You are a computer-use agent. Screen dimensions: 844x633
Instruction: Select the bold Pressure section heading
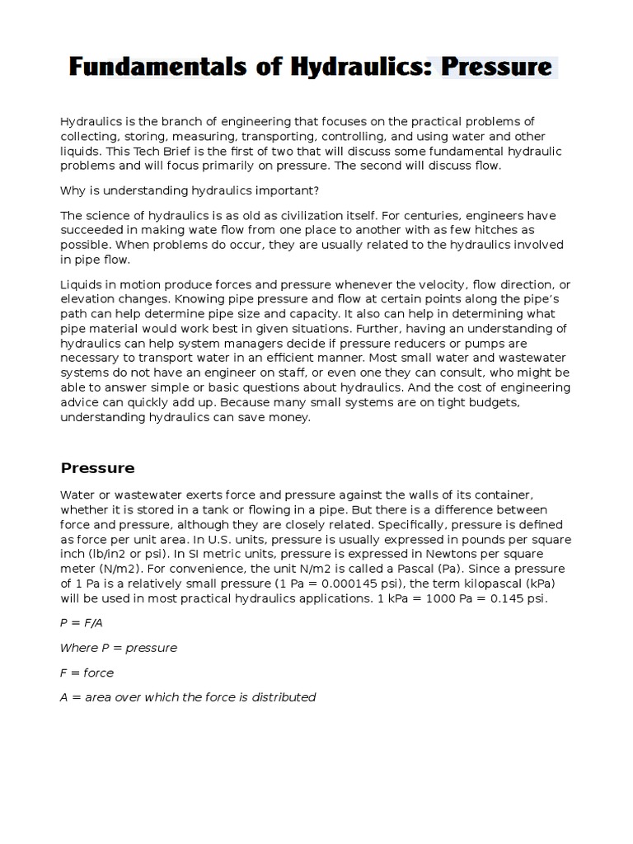pos(97,468)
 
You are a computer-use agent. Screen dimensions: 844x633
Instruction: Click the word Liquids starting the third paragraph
pos(81,285)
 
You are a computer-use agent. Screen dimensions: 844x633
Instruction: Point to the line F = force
pos(87,673)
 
